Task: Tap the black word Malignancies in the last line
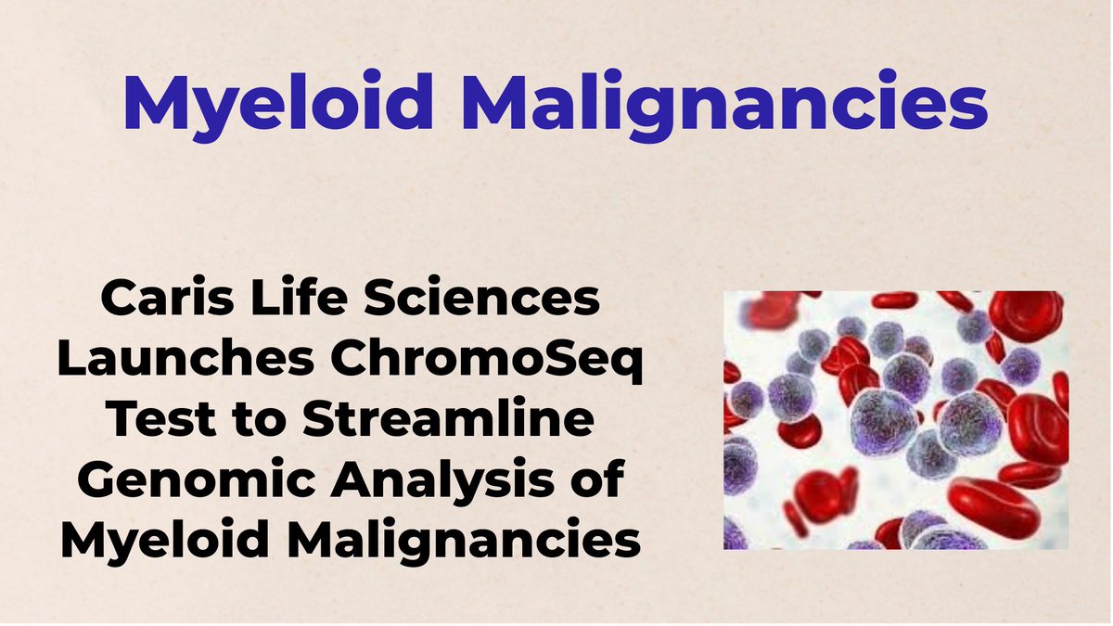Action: tap(464, 541)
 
